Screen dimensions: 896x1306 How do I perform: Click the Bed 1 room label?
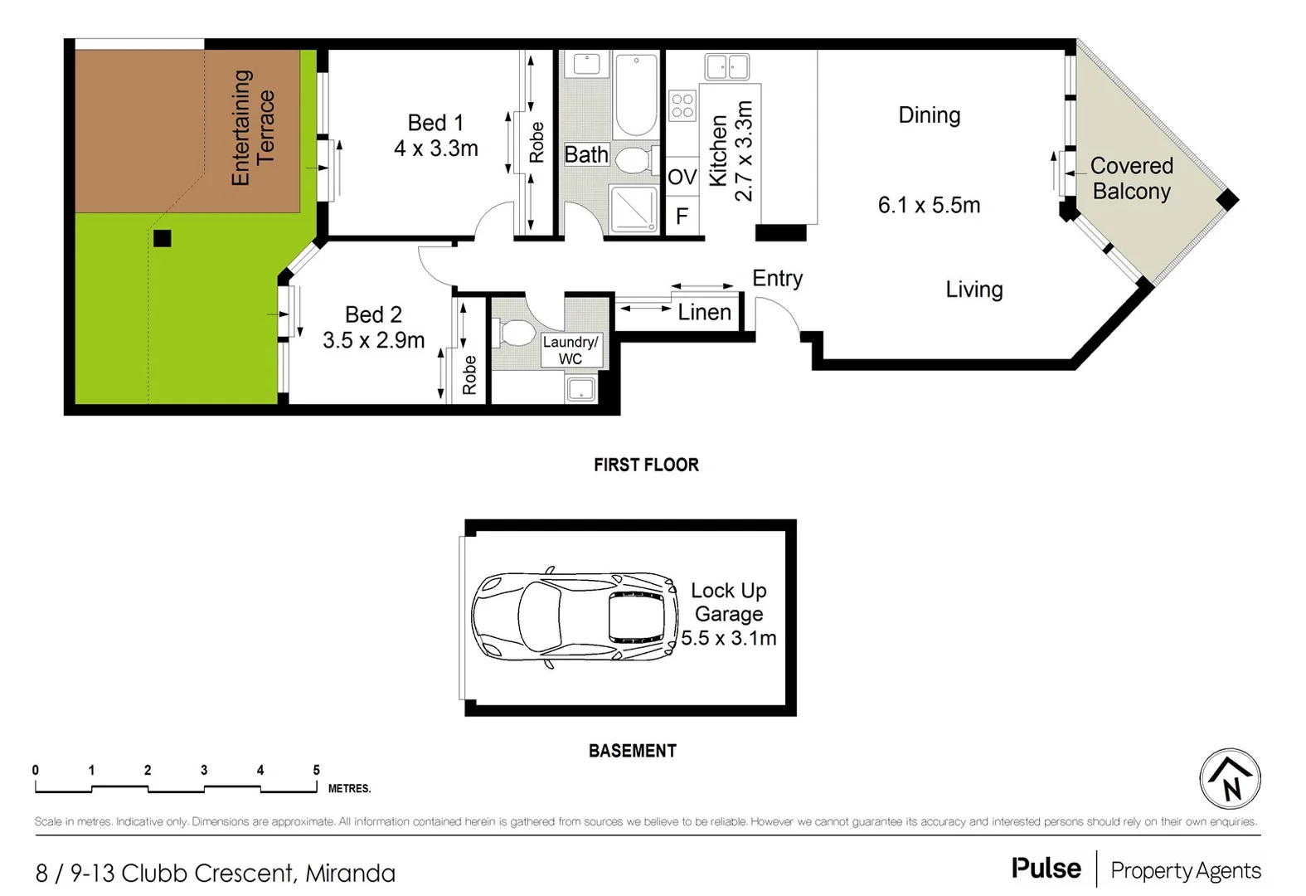435,123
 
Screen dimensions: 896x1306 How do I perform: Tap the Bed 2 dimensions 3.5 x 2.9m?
373,340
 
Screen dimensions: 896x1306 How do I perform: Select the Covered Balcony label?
1131,178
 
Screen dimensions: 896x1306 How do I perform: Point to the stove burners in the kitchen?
682,105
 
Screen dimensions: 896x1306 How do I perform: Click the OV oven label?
682,177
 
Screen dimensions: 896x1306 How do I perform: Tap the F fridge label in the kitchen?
682,217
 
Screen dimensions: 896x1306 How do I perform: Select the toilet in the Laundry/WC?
517,334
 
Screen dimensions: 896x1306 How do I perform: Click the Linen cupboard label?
704,312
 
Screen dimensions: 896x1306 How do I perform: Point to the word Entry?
777,278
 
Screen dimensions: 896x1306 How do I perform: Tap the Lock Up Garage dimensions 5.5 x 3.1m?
728,638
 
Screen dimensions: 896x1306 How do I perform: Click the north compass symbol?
1230,779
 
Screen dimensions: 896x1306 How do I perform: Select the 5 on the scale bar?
316,770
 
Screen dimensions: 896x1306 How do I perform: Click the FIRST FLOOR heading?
646,465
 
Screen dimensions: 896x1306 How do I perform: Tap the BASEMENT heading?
632,751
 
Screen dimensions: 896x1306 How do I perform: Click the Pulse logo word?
1046,869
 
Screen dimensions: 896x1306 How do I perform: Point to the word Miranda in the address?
350,873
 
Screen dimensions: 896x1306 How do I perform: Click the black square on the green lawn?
163,239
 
